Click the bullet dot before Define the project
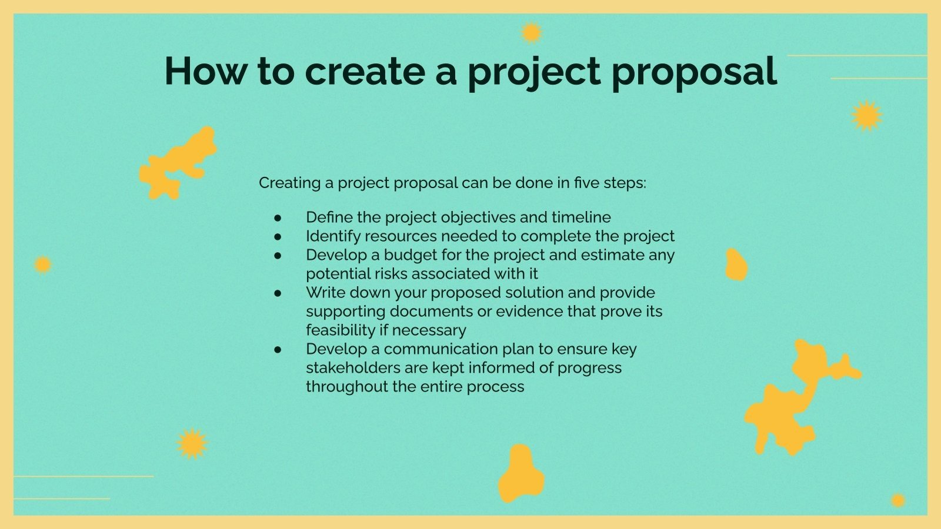pyautogui.click(x=278, y=218)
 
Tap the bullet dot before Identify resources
pyautogui.click(x=278, y=237)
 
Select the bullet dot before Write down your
pyautogui.click(x=278, y=293)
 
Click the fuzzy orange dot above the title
pyautogui.click(x=531, y=33)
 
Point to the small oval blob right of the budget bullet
pyautogui.click(x=736, y=264)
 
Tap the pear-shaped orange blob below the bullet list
pyautogui.click(x=520, y=474)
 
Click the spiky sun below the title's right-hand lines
pyautogui.click(x=866, y=116)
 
